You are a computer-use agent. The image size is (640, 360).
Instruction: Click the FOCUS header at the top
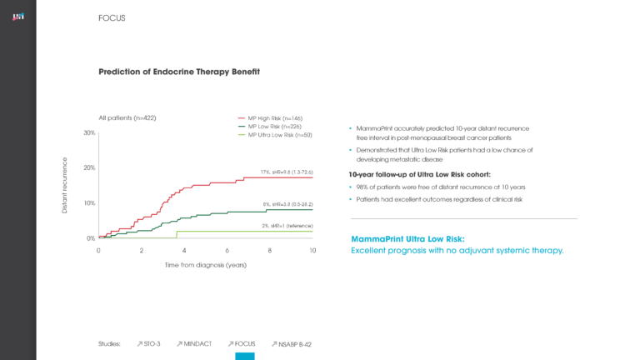[x=112, y=17]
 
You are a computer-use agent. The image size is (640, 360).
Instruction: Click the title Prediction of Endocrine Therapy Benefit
[x=179, y=72]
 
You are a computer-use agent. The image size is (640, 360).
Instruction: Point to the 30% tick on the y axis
[x=88, y=133]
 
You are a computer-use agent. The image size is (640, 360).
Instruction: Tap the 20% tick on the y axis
[x=88, y=168]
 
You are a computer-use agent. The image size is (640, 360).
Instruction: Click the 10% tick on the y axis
[x=88, y=203]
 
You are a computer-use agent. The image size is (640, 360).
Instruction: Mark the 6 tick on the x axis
[x=227, y=250]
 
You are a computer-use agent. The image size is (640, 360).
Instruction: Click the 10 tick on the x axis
[x=312, y=250]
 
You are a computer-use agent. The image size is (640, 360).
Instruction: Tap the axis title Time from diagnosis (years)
[x=205, y=265]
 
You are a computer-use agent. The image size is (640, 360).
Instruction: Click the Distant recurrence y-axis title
[x=66, y=185]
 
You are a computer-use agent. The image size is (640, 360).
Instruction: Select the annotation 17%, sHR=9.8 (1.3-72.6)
[x=286, y=172]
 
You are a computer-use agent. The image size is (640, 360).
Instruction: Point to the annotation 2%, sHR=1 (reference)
[x=287, y=226]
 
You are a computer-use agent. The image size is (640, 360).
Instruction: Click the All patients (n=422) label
[x=127, y=118]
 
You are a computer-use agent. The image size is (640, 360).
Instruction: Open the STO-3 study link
[x=148, y=343]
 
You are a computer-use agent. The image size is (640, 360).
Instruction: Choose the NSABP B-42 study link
[x=291, y=343]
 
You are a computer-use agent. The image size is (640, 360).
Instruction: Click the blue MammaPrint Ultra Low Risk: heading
[x=408, y=238]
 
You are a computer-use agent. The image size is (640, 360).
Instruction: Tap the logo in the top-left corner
[x=17, y=17]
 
